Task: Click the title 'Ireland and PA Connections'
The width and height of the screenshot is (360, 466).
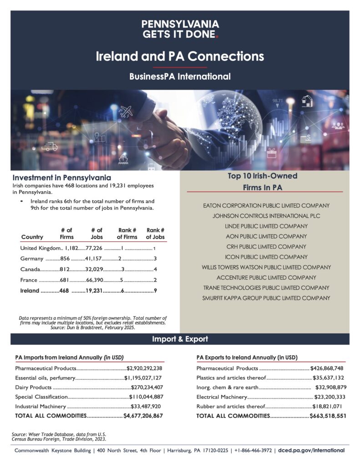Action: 180,56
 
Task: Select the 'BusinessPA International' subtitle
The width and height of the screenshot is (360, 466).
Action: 180,76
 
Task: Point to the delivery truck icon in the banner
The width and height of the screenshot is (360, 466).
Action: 50,146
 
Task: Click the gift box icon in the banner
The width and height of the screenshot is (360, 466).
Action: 272,153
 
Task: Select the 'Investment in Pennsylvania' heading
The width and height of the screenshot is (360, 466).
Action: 61,177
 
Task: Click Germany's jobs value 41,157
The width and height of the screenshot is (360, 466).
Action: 95,259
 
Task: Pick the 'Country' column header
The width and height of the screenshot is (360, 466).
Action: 32,237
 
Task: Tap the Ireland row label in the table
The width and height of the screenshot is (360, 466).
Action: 30,291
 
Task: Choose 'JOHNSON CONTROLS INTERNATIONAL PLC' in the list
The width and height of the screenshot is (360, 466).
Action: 266,216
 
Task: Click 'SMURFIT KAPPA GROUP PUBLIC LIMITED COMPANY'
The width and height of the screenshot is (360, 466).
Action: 266,298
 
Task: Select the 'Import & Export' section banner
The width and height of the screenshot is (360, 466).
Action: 180,339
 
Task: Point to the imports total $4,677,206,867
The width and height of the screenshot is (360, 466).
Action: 143,415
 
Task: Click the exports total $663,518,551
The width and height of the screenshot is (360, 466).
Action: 328,415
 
